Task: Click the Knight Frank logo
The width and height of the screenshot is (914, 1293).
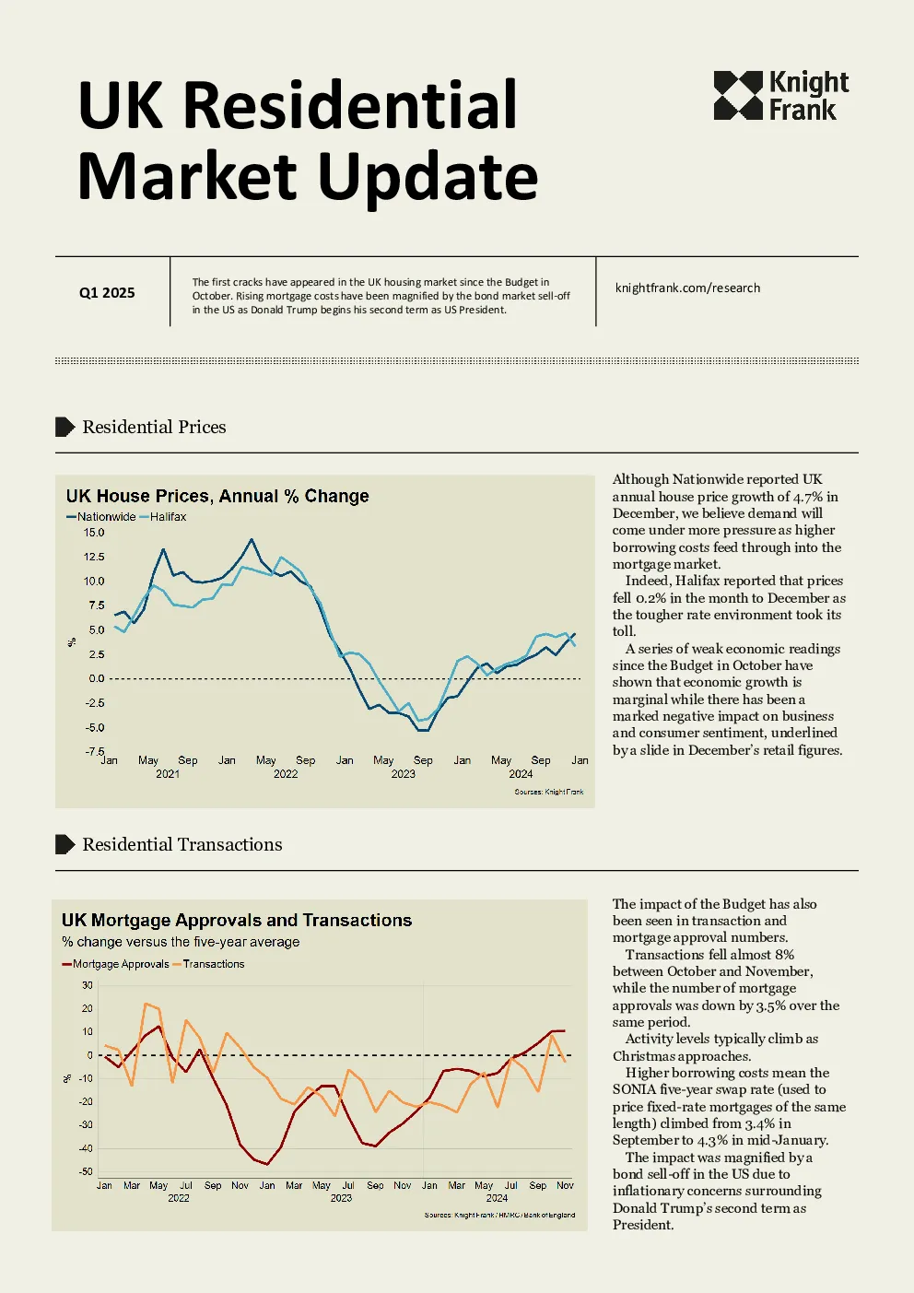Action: [x=780, y=96]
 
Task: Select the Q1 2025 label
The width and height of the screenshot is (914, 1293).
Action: [x=107, y=293]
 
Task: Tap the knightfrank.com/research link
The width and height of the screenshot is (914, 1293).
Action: [x=687, y=288]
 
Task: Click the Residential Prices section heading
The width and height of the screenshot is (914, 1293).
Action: [x=154, y=427]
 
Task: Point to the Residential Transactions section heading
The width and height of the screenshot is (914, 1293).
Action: [x=182, y=844]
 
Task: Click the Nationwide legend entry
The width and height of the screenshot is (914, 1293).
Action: [x=101, y=517]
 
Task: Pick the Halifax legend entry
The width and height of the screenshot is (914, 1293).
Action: [x=163, y=517]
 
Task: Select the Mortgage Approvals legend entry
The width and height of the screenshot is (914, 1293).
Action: [x=115, y=964]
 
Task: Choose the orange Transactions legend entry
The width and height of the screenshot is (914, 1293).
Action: [x=208, y=964]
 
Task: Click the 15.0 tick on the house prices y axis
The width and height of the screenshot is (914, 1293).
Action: [x=94, y=532]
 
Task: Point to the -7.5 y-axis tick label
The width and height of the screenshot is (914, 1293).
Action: [x=95, y=751]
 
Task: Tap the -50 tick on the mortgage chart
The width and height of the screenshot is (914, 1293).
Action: [x=86, y=1171]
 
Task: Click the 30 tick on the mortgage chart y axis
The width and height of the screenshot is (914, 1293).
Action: [x=88, y=985]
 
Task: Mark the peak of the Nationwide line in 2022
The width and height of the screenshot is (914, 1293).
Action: [x=252, y=539]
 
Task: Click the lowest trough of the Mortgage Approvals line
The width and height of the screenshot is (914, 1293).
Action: [x=267, y=1164]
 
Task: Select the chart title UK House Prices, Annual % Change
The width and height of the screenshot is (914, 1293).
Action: [x=217, y=496]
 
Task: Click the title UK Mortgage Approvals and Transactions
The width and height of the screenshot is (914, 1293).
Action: [x=237, y=920]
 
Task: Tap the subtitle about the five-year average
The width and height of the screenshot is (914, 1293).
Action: [x=181, y=942]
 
